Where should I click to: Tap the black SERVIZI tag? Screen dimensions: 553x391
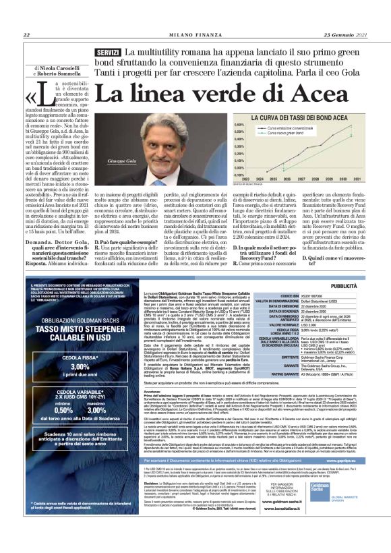pyautogui.click(x=108, y=53)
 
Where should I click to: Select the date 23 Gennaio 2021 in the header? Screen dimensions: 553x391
pyautogui.click(x=344, y=36)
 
